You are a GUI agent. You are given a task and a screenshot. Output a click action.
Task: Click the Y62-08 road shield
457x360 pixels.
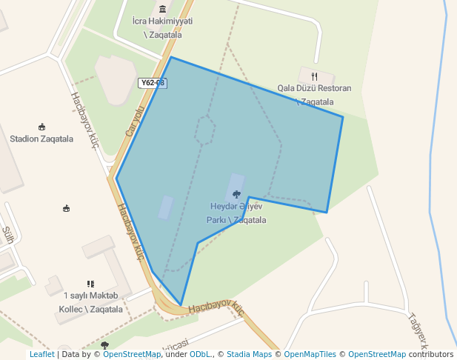[x=151, y=83]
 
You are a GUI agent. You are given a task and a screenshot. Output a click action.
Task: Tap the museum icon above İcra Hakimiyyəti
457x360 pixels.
[x=162, y=8]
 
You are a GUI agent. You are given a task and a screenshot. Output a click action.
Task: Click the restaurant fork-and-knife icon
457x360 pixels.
[x=314, y=76]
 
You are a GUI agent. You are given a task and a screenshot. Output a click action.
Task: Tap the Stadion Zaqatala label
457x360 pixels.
[x=41, y=139]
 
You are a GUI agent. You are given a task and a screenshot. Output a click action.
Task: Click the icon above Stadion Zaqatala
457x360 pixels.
[x=41, y=127]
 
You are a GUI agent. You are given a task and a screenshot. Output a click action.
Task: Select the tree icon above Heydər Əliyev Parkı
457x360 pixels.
[x=236, y=194]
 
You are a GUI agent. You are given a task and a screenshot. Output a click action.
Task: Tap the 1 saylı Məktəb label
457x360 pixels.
[x=90, y=296]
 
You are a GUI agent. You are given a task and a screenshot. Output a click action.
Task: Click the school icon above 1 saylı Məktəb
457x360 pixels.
[x=90, y=284]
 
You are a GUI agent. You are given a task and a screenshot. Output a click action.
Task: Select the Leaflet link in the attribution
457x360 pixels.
[x=41, y=355]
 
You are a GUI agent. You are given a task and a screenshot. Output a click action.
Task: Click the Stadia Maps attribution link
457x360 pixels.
[x=250, y=355]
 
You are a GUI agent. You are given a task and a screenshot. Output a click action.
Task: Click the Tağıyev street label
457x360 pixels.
[x=419, y=330]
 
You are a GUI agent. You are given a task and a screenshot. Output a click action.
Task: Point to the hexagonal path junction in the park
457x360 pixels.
[x=205, y=130]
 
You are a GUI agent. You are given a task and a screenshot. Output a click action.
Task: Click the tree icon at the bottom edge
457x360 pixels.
[x=104, y=345]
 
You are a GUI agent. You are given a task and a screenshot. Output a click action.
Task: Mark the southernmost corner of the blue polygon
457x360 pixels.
[x=180, y=304]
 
